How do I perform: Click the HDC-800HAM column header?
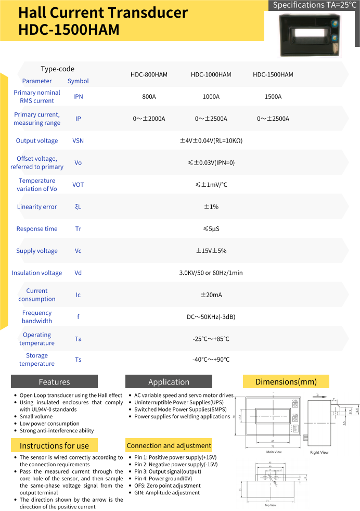(x=149, y=74)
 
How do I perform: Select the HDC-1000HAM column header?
(x=211, y=74)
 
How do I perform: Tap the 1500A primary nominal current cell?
(x=273, y=97)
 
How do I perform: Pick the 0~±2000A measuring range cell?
(x=149, y=119)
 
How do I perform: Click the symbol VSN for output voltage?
(x=78, y=141)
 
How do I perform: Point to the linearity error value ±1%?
(x=211, y=207)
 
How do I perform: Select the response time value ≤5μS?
(x=211, y=229)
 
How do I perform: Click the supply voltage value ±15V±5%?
(x=211, y=251)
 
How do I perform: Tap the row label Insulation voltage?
(x=37, y=273)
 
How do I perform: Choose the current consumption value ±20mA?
(x=211, y=295)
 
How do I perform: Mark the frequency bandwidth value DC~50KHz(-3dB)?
(x=211, y=317)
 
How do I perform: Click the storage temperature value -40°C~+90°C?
(x=211, y=360)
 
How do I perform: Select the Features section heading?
(x=54, y=381)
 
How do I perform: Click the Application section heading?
(x=169, y=381)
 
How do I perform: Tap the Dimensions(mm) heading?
(x=286, y=381)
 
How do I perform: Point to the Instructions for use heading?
(x=54, y=445)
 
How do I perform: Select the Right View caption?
(x=319, y=453)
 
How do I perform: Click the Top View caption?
(x=271, y=505)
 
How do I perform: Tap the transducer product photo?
(x=311, y=35)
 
